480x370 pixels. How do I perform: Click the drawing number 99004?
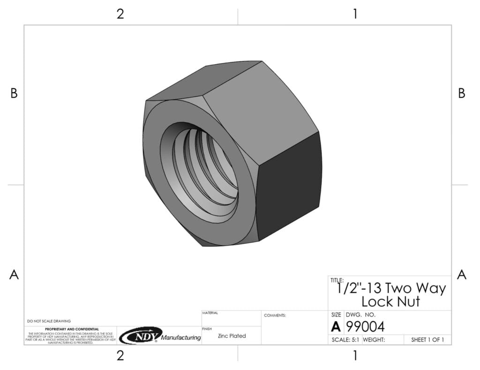pos(365,326)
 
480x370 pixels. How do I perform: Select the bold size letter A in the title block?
pos(336,327)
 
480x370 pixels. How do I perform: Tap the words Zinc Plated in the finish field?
pos(232,336)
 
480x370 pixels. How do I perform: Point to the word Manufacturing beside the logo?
pos(181,338)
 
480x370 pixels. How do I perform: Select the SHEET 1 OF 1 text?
pos(427,340)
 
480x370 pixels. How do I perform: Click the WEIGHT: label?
pos(374,340)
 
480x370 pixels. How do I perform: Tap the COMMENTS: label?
pos(275,316)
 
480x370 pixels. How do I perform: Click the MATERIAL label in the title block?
pos(210,313)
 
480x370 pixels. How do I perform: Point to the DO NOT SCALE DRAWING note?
pos(49,321)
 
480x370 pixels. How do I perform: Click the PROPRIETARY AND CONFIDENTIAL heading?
pos(72,329)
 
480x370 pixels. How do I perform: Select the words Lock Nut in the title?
pos(390,302)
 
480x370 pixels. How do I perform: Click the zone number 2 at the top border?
pos(120,14)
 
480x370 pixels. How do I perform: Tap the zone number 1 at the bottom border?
pos(355,355)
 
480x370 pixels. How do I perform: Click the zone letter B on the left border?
pos(14,94)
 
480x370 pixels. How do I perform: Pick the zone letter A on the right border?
pos(461,275)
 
